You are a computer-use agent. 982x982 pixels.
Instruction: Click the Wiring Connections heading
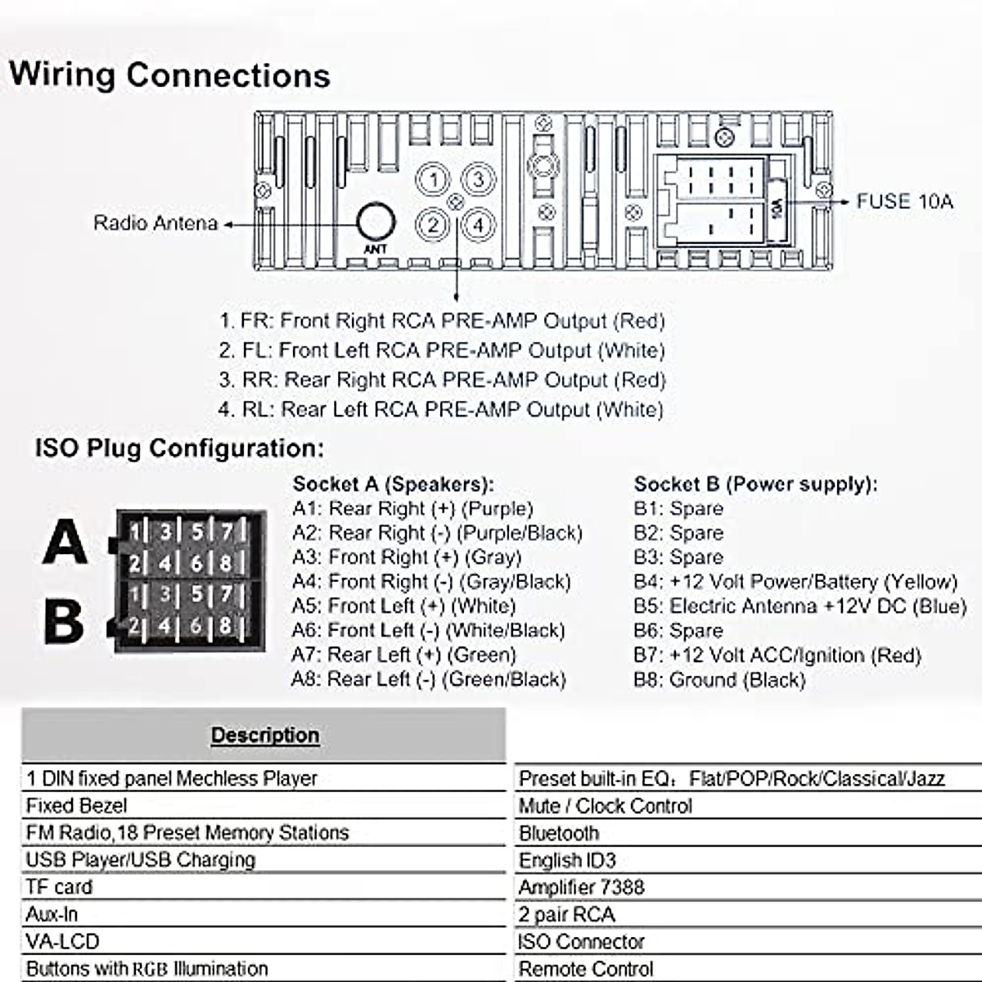[x=169, y=74]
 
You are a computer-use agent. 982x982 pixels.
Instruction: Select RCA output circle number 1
[x=435, y=180]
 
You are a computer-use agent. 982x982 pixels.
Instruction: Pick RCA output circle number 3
[x=478, y=180]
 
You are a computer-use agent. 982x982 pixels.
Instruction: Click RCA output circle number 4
[x=478, y=224]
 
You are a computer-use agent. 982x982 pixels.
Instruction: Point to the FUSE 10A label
[x=904, y=201]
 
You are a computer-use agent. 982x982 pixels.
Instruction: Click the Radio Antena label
[x=155, y=223]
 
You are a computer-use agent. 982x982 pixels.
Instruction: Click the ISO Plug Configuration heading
[x=179, y=448]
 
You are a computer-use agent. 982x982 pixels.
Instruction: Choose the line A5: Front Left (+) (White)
[x=403, y=606]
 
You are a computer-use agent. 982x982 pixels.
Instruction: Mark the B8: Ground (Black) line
[x=719, y=680]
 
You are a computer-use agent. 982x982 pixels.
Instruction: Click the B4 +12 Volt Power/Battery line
[x=795, y=582]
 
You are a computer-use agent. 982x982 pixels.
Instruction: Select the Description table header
[x=264, y=735]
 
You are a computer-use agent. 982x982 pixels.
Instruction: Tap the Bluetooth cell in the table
[x=559, y=833]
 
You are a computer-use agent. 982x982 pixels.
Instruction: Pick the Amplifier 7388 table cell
[x=581, y=887]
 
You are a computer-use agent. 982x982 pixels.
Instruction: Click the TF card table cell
[x=59, y=887]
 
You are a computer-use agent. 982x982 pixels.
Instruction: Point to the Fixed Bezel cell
[x=76, y=806]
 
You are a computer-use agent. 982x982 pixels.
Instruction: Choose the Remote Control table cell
[x=586, y=969]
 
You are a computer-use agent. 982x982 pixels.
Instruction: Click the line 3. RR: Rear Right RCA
[x=442, y=381]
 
